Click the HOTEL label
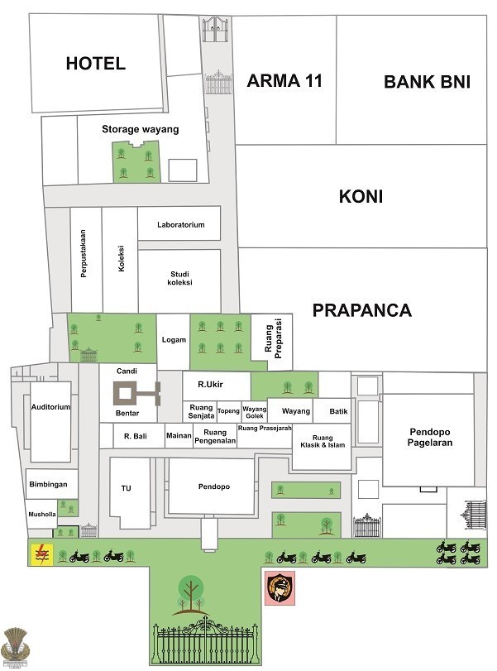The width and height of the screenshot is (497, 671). click(95, 64)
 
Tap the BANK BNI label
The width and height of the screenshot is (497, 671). click(427, 82)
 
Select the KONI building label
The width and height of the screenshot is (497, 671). click(361, 196)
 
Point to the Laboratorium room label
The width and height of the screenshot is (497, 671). click(180, 225)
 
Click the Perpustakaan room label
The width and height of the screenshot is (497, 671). click(84, 254)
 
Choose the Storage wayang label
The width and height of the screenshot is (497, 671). click(141, 129)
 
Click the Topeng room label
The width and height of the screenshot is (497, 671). click(228, 411)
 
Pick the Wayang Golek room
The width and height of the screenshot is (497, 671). click(255, 412)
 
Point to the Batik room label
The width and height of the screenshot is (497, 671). click(338, 411)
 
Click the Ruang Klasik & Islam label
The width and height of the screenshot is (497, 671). click(323, 441)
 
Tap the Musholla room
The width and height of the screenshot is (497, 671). click(41, 514)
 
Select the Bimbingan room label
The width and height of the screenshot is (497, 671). click(48, 484)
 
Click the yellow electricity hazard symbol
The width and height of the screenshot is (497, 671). click(41, 554)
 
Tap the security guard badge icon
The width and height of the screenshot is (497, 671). click(280, 588)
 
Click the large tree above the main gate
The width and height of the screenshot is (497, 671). click(190, 594)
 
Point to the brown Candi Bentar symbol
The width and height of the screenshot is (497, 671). click(136, 394)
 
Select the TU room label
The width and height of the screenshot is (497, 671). click(127, 488)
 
